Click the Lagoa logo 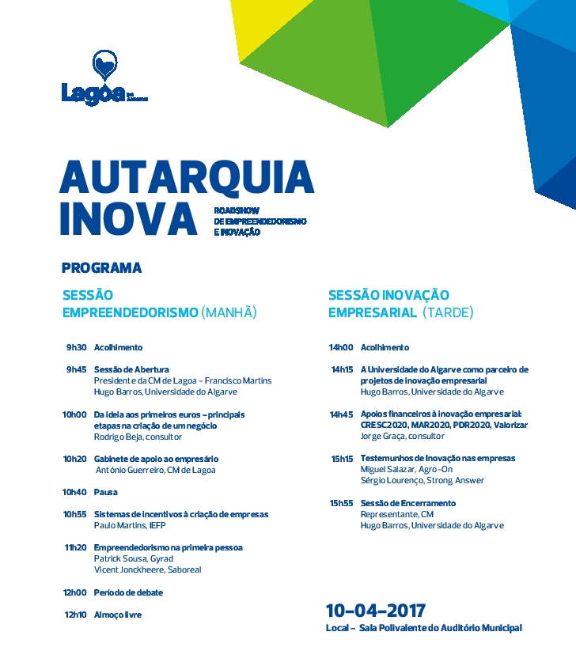(x=104, y=79)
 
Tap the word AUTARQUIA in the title (x=187, y=180)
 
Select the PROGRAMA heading (x=101, y=268)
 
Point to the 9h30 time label (x=76, y=347)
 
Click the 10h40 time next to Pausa (x=75, y=492)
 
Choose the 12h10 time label (x=75, y=615)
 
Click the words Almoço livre (x=118, y=615)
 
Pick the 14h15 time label (x=342, y=369)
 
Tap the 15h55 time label (x=342, y=503)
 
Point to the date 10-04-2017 (x=375, y=611)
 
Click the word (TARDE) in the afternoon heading (x=448, y=312)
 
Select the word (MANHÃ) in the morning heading (x=229, y=312)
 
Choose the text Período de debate (x=129, y=592)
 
